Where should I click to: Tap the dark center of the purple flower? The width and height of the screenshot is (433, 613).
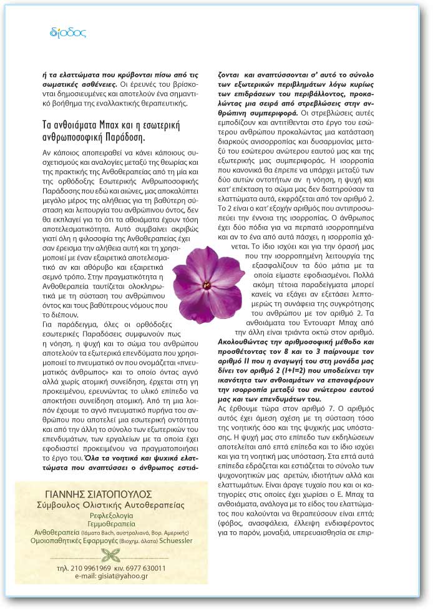click(x=207, y=285)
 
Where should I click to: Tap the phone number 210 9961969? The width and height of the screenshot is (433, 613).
click(x=93, y=568)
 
